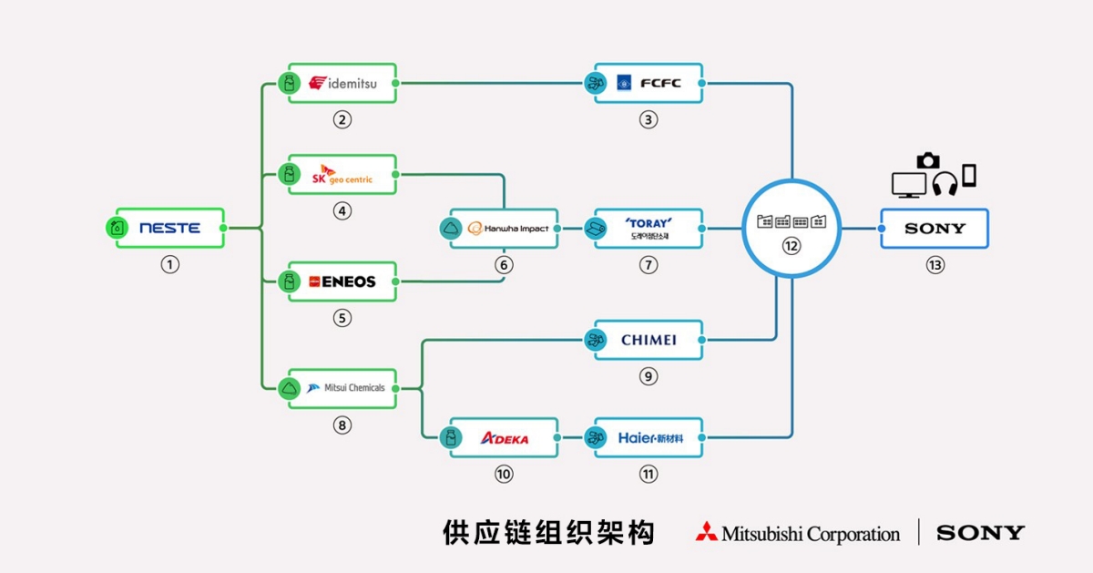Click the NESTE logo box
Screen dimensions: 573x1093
(169, 228)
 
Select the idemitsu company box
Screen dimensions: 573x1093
(342, 84)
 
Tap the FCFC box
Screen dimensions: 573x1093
(649, 84)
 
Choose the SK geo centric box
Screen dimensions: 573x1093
(342, 174)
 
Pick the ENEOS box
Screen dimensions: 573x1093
(342, 281)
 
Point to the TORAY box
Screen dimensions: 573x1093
(649, 228)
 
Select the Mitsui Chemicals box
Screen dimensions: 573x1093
(342, 388)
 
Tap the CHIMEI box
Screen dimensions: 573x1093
(649, 340)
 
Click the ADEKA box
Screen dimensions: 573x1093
(505, 438)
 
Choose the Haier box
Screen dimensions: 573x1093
(649, 438)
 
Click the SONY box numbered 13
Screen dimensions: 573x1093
(935, 228)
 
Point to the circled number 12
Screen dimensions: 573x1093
(792, 247)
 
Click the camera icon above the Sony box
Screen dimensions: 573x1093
(928, 160)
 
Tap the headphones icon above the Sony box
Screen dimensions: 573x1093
(944, 183)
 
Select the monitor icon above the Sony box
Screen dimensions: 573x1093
(908, 184)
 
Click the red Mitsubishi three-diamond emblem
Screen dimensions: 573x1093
(706, 533)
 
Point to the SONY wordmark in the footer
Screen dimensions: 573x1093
(980, 533)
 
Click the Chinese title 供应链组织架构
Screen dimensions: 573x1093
(548, 533)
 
